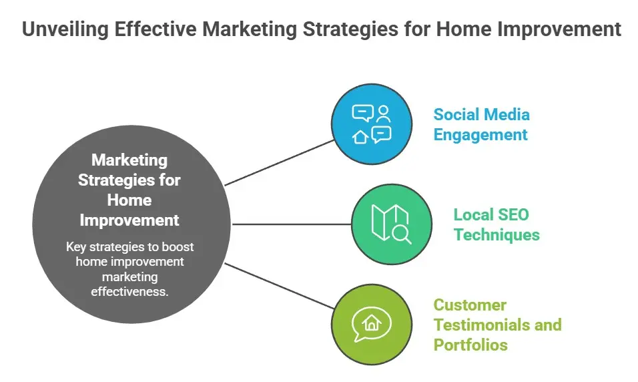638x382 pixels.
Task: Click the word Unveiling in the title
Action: (65, 29)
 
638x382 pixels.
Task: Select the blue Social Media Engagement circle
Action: (372, 124)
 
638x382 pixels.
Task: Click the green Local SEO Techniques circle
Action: (392, 224)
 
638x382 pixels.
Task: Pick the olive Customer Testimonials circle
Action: (372, 325)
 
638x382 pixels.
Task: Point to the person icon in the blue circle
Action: (383, 114)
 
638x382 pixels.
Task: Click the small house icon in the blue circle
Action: (360, 136)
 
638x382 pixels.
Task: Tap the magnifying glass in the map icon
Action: (402, 235)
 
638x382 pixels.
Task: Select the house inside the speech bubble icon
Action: (372, 323)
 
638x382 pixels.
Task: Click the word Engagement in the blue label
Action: (480, 135)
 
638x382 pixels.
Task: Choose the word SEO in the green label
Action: (513, 214)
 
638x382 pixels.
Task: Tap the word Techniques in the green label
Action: (497, 235)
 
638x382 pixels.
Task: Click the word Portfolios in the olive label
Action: (470, 345)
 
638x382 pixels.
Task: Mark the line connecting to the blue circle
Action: (279, 163)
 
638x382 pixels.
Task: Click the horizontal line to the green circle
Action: (292, 224)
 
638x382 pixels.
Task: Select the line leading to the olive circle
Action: (279, 286)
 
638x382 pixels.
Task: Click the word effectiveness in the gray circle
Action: (129, 292)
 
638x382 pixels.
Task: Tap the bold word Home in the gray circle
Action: (129, 200)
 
